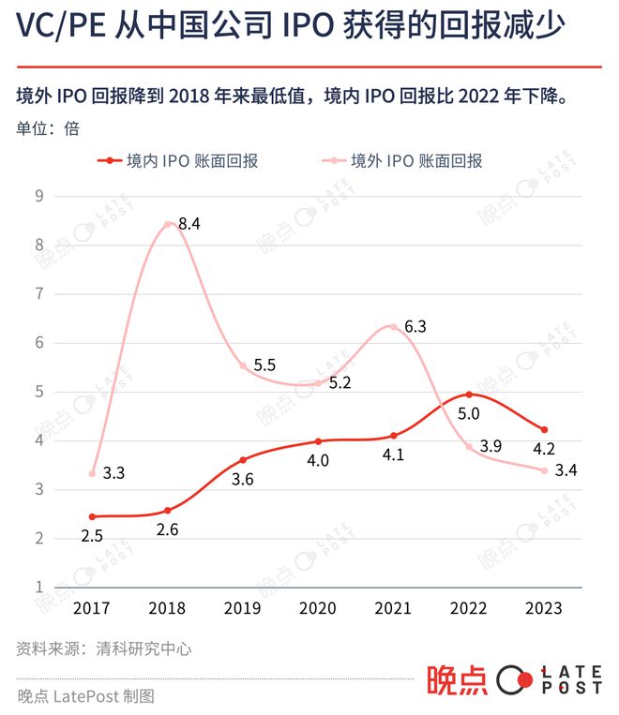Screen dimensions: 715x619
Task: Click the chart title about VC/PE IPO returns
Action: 290,27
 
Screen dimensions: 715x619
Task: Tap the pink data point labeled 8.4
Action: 168,224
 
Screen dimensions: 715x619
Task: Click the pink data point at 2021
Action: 393,327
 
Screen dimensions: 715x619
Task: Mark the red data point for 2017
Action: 92,516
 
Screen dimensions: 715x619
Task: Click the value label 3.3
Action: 113,474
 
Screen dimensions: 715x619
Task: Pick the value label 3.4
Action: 566,469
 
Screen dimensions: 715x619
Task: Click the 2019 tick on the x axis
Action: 243,608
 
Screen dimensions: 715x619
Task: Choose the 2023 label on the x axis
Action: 544,608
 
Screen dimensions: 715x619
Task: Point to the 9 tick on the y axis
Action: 39,197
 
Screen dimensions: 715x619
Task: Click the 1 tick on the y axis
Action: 39,588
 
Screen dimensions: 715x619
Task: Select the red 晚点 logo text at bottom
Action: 457,681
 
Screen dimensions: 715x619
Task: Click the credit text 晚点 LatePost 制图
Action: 85,696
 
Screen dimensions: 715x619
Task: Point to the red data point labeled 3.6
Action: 243,460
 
